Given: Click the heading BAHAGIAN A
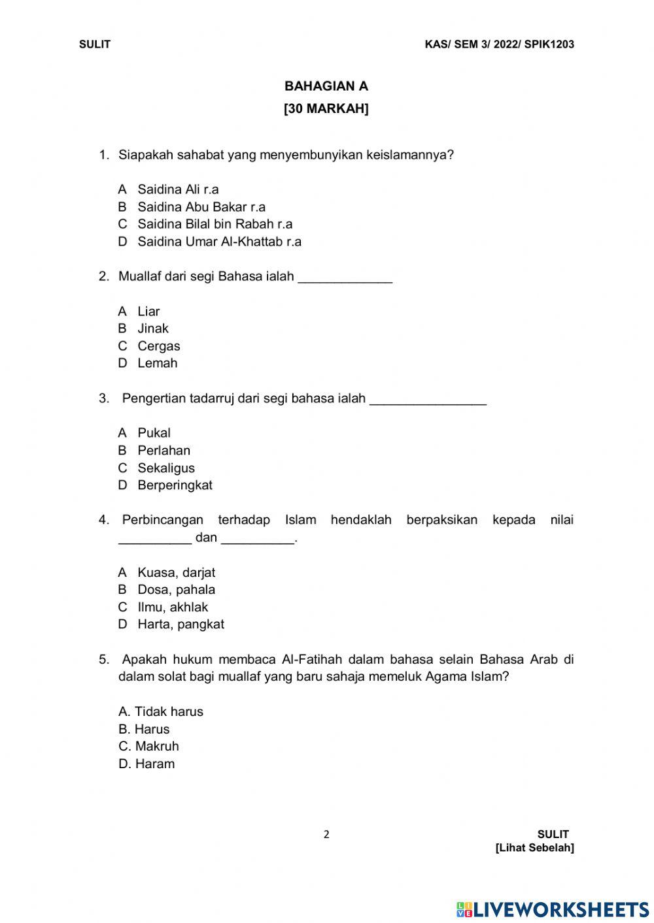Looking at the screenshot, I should click(326, 86).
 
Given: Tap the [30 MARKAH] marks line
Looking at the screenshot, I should click(326, 109).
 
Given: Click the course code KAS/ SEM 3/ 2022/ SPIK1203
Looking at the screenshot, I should click(499, 44).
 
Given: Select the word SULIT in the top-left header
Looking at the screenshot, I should click(95, 44).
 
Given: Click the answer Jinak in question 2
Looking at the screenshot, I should click(152, 329).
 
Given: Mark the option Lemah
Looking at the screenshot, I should click(157, 363).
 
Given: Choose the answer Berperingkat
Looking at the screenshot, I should click(175, 485).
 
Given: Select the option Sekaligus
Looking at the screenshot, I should click(166, 468).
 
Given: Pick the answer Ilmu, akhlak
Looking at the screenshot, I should click(173, 607).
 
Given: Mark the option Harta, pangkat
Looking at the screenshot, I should click(181, 624).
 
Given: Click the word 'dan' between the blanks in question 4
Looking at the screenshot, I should click(206, 538).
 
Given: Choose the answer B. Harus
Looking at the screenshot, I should click(144, 729).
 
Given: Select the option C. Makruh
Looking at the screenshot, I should click(148, 746).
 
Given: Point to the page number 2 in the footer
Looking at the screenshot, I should click(326, 834).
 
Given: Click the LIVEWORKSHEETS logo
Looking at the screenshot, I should click(553, 909).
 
